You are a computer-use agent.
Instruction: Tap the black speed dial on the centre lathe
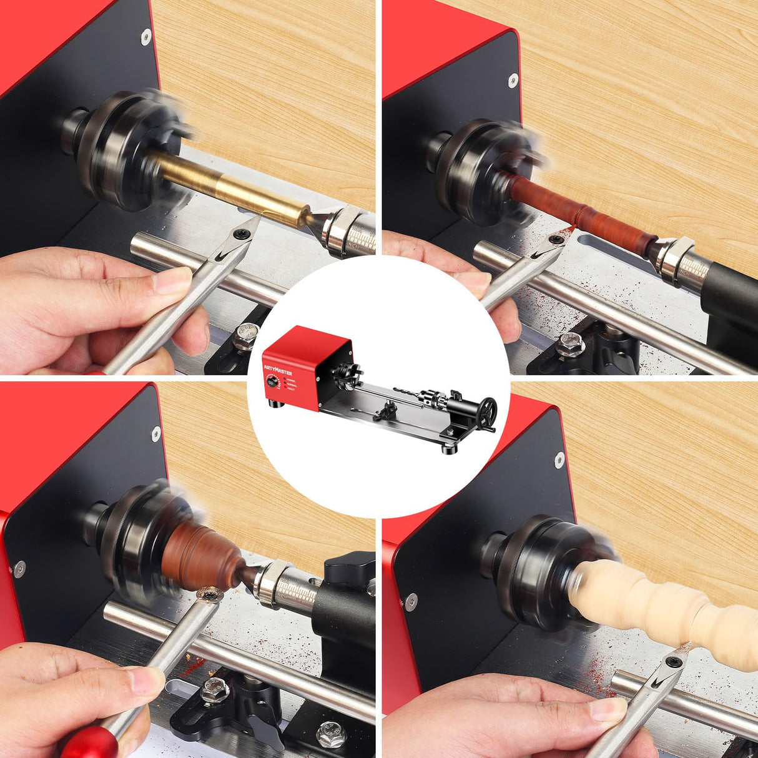(272, 383)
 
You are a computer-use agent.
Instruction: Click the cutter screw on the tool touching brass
(240, 233)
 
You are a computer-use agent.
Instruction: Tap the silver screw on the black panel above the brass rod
(145, 36)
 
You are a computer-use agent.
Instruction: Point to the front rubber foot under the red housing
(275, 406)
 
